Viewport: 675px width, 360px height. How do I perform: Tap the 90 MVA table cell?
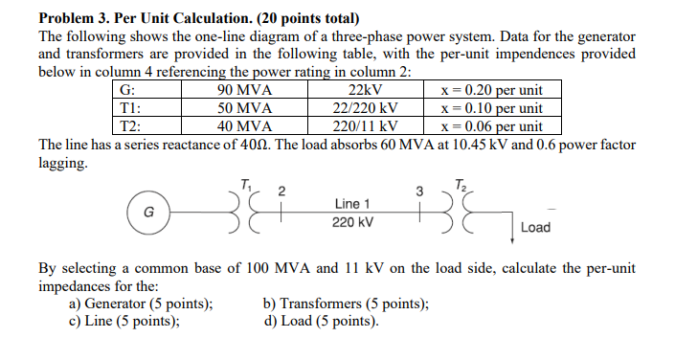[245, 91]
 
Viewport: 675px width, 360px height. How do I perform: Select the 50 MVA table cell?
[245, 108]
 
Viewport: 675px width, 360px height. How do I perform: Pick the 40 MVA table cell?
[245, 125]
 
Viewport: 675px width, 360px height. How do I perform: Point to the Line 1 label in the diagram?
[353, 203]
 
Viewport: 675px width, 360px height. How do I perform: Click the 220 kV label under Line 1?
[353, 222]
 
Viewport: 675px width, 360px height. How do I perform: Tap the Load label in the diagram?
[534, 228]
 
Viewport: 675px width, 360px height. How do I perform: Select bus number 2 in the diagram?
[281, 190]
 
